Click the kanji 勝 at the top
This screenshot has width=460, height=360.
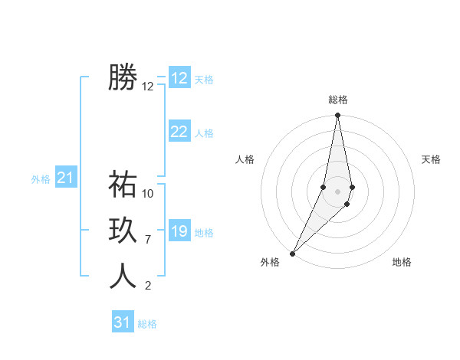[x=123, y=77]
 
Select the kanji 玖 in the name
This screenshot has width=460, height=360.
[x=123, y=231]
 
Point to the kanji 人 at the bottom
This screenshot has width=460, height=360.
[x=123, y=277]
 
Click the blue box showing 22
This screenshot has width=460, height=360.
[x=179, y=132]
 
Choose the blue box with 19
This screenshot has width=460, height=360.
[x=179, y=231]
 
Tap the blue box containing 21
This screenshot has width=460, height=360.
[x=65, y=178]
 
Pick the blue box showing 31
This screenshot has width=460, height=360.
[x=123, y=322]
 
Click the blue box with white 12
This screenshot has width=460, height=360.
[x=179, y=78]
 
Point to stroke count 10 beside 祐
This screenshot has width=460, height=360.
[x=148, y=194]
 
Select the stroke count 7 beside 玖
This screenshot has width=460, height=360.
[x=147, y=240]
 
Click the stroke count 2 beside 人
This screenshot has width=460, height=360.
[x=147, y=286]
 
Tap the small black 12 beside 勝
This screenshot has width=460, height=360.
[x=148, y=87]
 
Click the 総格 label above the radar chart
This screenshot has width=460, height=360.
[x=337, y=100]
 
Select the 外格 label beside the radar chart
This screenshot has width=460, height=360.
[x=270, y=263]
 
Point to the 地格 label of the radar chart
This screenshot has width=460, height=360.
[x=402, y=263]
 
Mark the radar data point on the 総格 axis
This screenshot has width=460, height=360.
[x=337, y=116]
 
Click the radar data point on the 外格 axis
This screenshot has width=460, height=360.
[x=292, y=253]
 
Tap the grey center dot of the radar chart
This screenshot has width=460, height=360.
[x=337, y=191]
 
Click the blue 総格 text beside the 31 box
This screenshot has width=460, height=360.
[x=147, y=324]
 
